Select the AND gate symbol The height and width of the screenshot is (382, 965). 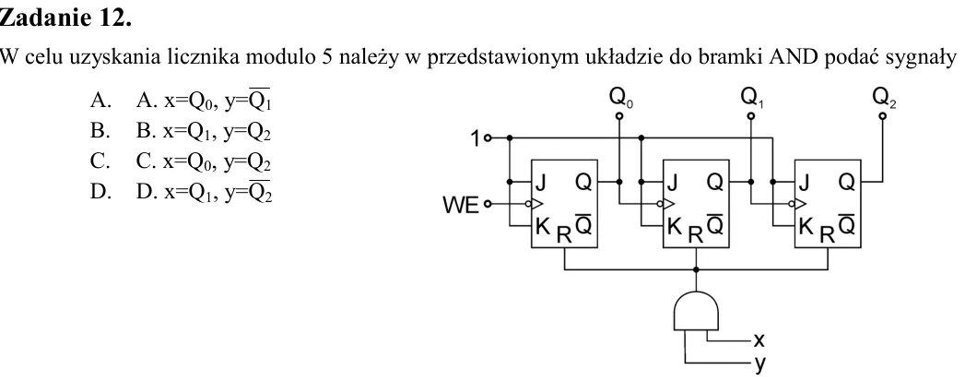coord(696,312)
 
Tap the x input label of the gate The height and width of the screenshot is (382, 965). coord(759,340)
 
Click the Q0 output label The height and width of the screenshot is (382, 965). coord(620,98)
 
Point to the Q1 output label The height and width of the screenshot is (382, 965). coord(752,98)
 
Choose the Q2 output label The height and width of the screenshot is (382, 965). coord(885,98)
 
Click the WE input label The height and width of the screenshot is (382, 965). coord(460,205)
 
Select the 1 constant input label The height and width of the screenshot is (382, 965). coord(475,138)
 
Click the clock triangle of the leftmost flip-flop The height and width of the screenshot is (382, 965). coord(536,203)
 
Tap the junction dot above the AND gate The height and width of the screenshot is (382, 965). coord(696,269)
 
